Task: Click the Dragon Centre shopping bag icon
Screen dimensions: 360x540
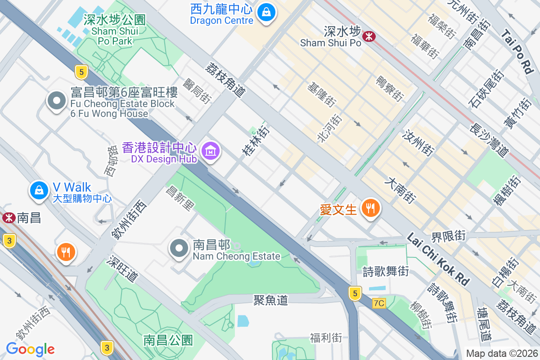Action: [x=267, y=13]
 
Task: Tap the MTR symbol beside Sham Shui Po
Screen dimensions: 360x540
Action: [x=369, y=36]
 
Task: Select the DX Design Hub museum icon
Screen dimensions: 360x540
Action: [x=210, y=151]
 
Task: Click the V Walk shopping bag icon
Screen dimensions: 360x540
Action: [x=39, y=190]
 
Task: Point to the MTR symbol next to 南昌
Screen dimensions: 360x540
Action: [x=8, y=218]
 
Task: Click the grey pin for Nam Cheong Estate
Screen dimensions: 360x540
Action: [x=179, y=248]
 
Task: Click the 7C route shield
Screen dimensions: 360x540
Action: [x=379, y=303]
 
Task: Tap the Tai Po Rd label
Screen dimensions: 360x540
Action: [x=517, y=51]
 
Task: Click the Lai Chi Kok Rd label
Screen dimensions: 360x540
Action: [x=438, y=259]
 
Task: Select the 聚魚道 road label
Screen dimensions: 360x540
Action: [x=270, y=300]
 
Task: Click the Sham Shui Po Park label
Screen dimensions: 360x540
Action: [x=114, y=30]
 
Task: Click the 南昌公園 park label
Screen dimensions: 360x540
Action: [x=168, y=340]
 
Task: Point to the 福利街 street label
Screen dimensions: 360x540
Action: [x=326, y=337]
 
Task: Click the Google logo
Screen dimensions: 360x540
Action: [x=30, y=349]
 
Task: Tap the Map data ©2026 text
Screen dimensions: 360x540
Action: [x=502, y=353]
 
